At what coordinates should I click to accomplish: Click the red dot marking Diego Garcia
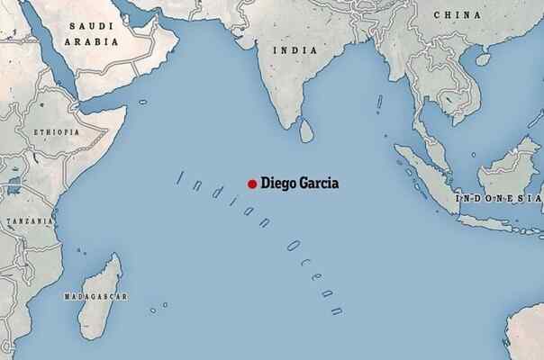coord(252,184)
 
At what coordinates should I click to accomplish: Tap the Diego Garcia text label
coord(301,184)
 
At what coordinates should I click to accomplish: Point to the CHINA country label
coord(457,15)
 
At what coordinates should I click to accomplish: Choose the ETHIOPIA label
coord(55,131)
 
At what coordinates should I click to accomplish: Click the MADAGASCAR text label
coord(95,296)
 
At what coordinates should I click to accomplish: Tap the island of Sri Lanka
coord(307,131)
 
